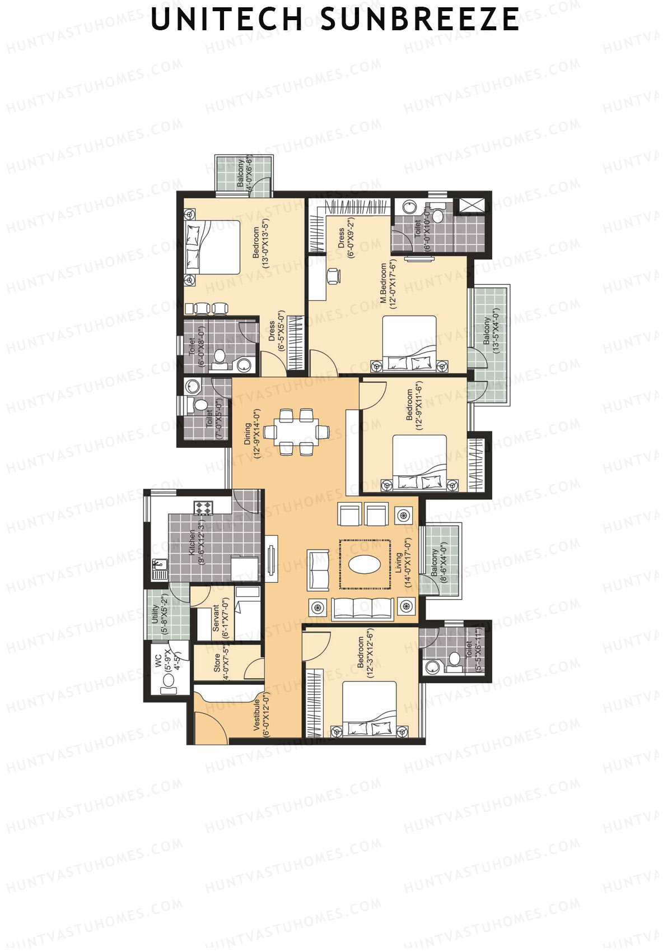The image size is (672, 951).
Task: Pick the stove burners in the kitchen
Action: (x=203, y=508)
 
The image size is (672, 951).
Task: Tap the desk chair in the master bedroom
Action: (x=334, y=275)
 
